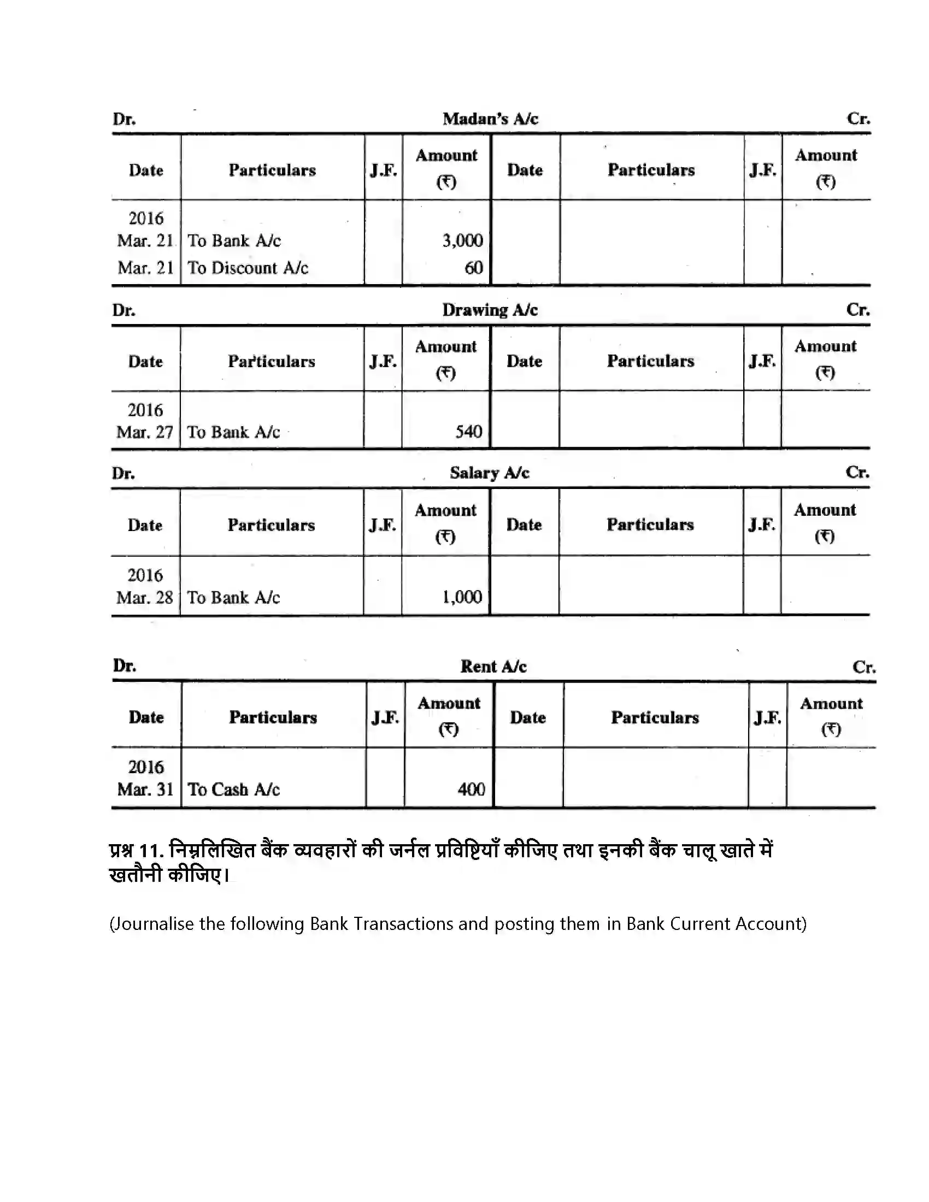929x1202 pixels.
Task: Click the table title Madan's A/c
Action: click(490, 119)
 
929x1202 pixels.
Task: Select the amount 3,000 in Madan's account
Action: click(462, 240)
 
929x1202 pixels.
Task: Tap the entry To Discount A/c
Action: click(248, 268)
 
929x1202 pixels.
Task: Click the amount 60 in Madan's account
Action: click(473, 268)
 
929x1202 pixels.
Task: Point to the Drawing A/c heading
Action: click(489, 310)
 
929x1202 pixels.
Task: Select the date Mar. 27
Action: click(145, 432)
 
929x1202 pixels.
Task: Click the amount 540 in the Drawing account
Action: click(468, 432)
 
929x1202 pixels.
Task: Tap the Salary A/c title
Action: click(489, 473)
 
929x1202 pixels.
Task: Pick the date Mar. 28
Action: click(145, 597)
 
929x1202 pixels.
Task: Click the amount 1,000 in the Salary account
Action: click(462, 597)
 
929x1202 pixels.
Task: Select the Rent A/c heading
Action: click(493, 667)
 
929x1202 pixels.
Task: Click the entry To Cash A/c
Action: click(233, 789)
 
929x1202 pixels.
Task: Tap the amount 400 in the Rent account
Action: click(471, 789)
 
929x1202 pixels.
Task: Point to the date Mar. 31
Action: click(145, 789)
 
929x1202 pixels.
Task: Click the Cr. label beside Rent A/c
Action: click(863, 667)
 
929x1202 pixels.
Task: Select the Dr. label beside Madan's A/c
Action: click(125, 120)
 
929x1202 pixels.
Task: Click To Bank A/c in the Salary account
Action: click(233, 597)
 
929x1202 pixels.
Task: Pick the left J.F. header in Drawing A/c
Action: click(383, 362)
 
